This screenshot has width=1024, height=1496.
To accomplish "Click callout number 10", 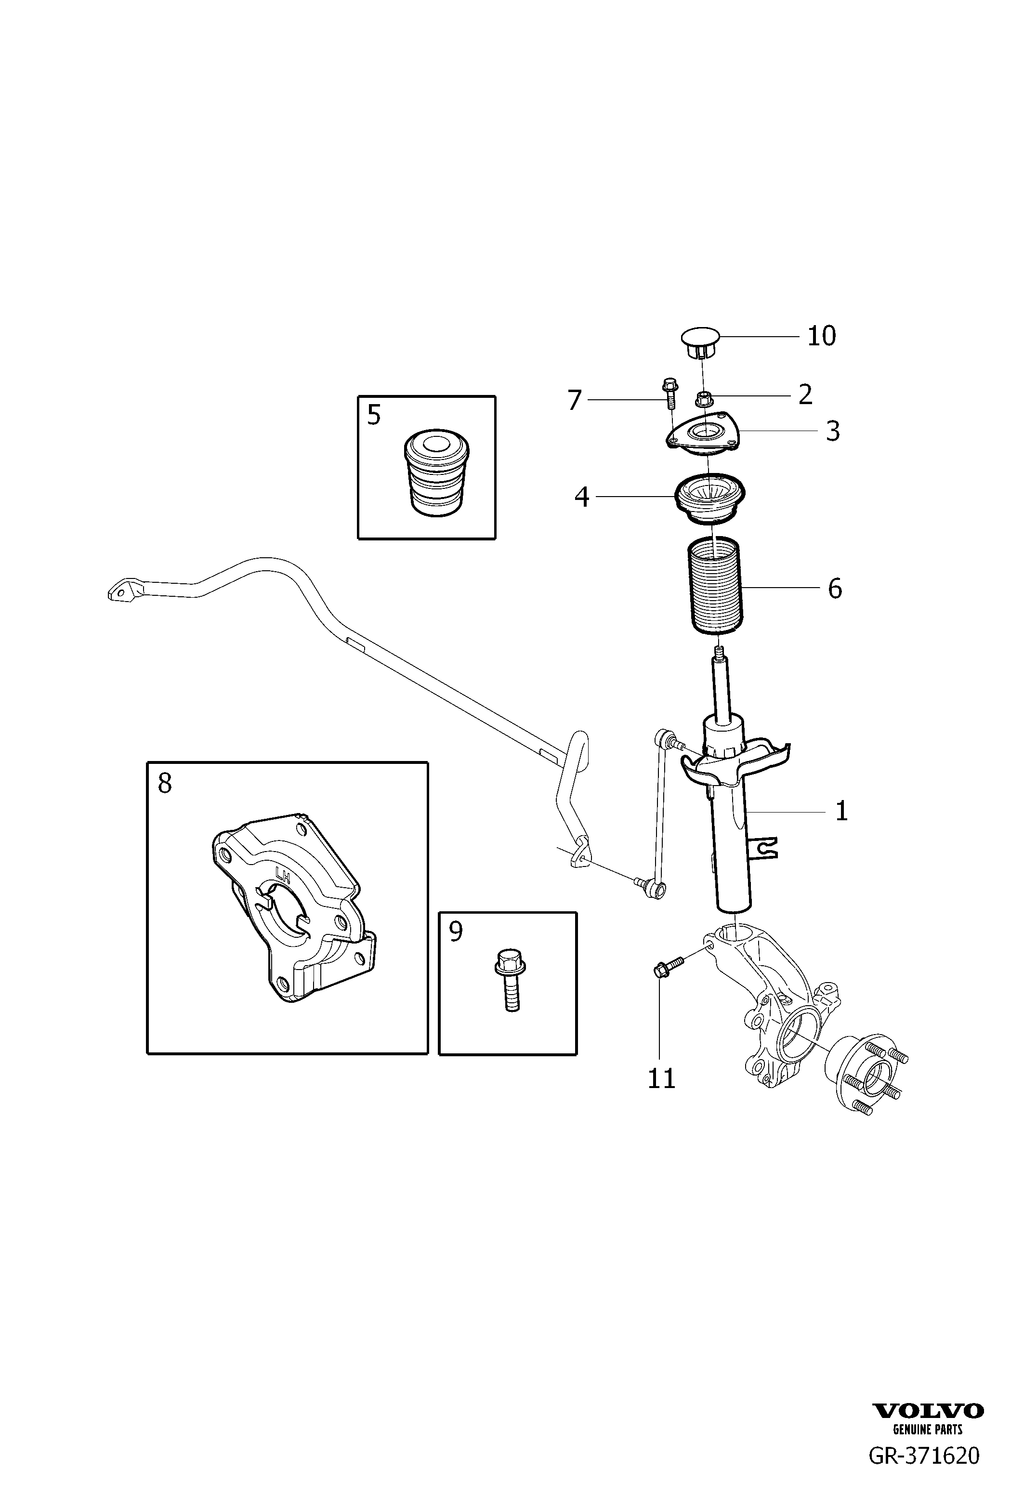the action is point(821,336).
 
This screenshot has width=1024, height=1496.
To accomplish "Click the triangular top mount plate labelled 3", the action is point(704,436).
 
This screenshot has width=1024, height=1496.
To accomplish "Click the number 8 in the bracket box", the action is point(165,784).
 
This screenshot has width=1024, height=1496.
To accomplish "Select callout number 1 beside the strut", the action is point(841,811).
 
